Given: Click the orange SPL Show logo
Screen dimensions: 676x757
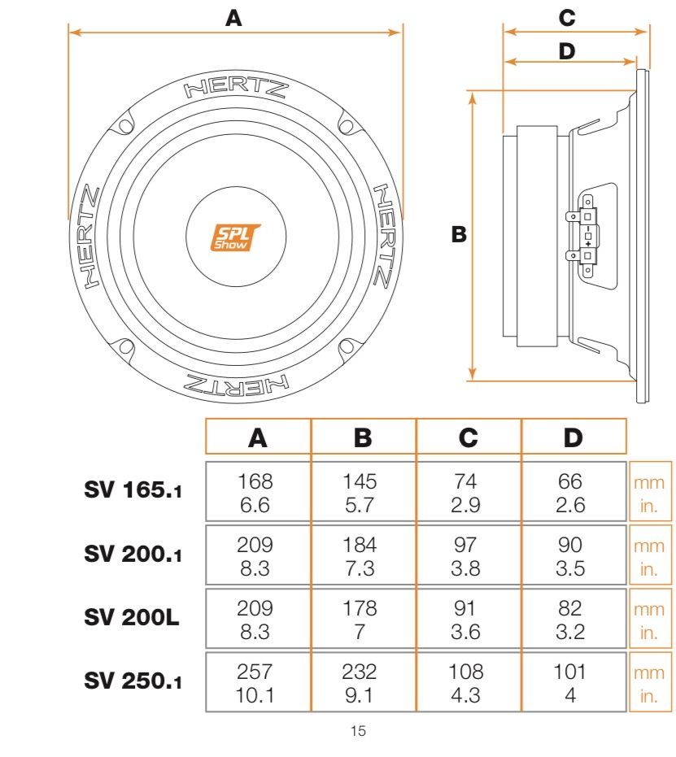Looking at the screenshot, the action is (235, 237).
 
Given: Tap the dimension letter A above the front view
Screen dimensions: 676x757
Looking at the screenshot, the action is (233, 19).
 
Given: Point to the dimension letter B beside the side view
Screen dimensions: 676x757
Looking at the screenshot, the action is (459, 234).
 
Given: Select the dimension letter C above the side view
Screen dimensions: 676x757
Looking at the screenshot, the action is (567, 19).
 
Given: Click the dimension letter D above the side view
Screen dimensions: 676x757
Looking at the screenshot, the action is (567, 51).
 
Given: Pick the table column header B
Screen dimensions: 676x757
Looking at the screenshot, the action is (363, 438).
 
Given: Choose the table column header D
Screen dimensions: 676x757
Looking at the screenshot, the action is (574, 438).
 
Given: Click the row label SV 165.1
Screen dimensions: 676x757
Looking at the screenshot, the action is (133, 490).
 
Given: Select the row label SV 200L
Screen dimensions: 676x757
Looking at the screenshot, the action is (131, 617).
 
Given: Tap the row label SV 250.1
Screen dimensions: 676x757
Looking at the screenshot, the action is (133, 681).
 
